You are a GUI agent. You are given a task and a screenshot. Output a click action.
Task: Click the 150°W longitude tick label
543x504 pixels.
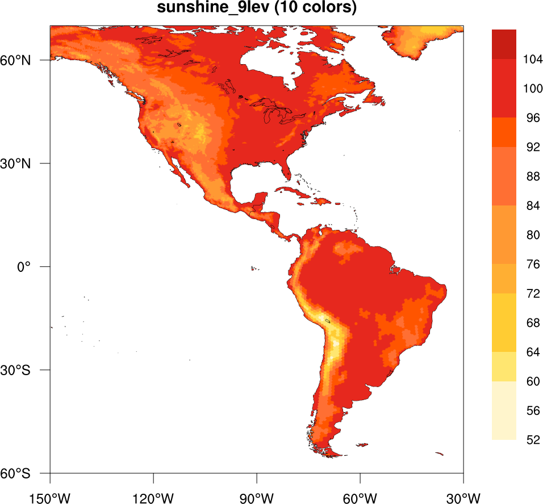[50, 498]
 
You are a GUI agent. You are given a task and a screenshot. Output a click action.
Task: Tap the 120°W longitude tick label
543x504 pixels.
[153, 498]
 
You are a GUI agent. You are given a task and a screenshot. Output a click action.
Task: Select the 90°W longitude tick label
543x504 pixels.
[257, 498]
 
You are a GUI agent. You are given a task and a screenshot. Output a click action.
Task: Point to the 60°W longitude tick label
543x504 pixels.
[360, 498]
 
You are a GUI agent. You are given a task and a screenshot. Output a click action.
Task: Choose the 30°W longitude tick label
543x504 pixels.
[463, 498]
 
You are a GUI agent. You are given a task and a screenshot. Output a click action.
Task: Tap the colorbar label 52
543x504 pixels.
[532, 440]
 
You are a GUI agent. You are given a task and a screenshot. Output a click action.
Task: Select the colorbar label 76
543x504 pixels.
[532, 264]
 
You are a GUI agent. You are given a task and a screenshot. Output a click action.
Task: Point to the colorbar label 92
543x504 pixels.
[532, 147]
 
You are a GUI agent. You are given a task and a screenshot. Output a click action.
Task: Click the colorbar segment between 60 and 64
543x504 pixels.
[504, 366]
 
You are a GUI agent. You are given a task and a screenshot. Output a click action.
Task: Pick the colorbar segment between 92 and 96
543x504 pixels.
[504, 132]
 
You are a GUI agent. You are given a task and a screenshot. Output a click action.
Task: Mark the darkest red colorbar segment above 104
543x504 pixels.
[504, 44]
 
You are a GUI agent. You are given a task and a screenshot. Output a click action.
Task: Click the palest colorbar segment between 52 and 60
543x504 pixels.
[504, 410]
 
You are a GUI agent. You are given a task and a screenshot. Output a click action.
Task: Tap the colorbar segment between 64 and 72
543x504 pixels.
[504, 322]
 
